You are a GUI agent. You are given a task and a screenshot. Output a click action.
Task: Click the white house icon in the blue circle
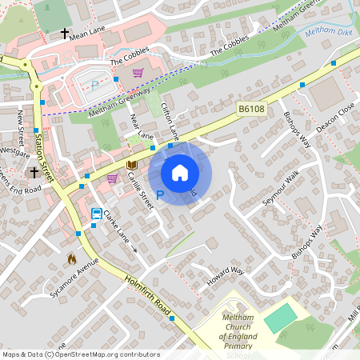[180, 172]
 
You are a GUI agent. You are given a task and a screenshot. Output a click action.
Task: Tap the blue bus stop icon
[96, 214]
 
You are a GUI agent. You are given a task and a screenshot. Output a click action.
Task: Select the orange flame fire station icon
[71, 258]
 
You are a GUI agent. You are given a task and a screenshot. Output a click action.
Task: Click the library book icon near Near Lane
[132, 164]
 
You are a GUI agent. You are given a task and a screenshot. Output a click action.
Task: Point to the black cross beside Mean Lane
[64, 34]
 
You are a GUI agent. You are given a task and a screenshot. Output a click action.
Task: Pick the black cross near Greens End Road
[34, 172]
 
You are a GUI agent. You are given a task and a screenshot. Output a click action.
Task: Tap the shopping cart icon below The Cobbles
[138, 73]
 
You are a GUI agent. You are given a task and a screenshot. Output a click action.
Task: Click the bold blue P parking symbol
[159, 194]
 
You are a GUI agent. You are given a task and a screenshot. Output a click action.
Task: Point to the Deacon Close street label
[334, 116]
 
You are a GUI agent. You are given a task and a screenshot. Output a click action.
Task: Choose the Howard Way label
[225, 275]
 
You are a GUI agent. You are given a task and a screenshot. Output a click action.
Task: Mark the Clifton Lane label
[170, 120]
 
